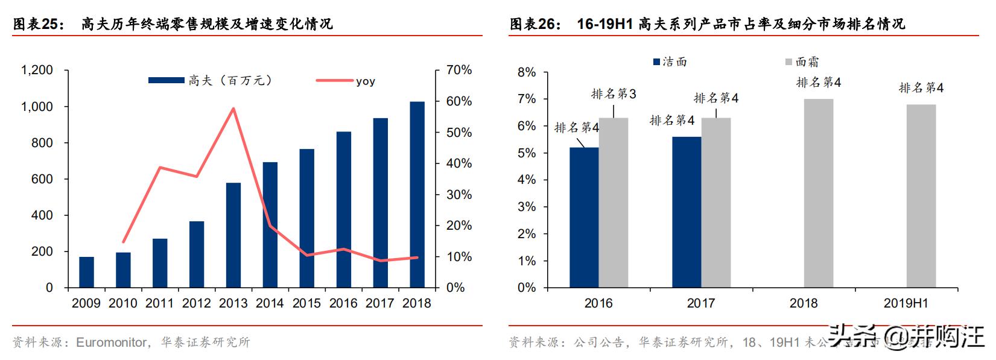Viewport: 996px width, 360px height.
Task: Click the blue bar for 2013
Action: click(233, 235)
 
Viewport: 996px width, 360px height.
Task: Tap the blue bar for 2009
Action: click(86, 273)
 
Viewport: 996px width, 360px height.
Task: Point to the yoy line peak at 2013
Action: click(233, 109)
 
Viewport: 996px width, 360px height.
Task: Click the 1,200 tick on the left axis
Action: click(37, 71)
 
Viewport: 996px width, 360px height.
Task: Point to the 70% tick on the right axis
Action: click(458, 71)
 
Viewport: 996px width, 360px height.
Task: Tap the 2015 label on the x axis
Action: click(306, 303)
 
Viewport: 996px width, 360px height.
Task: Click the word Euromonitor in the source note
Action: click(112, 343)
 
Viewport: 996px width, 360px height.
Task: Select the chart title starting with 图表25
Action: click(173, 24)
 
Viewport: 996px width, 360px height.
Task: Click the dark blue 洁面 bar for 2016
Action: click(584, 218)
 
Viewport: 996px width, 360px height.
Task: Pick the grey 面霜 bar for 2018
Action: click(818, 193)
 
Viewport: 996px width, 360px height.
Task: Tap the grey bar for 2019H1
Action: click(921, 196)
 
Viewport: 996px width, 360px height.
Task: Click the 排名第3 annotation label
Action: click(613, 94)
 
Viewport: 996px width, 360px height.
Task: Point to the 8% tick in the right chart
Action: click(527, 72)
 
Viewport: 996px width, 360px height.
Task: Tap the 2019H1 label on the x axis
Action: click(906, 303)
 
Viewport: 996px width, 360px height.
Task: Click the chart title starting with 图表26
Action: click(707, 24)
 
